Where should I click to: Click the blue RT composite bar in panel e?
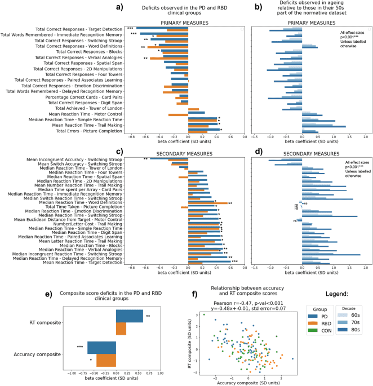point(129,301)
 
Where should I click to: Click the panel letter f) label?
point(194,292)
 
